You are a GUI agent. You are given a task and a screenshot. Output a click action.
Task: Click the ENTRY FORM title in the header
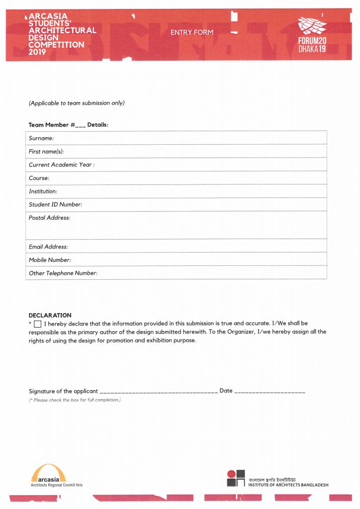pos(191,32)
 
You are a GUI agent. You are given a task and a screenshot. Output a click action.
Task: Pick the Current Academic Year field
pos(209,165)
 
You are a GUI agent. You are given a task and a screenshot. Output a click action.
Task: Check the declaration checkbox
pos(38,324)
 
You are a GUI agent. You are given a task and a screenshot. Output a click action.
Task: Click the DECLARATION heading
pos(50,315)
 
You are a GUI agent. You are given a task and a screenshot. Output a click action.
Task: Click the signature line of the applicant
pos(159,392)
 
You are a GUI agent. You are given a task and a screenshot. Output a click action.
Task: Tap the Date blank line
pos(269,392)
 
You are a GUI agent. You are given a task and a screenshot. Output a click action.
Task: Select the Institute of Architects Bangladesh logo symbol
pos(236,478)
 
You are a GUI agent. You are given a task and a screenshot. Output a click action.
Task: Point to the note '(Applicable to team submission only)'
pos(77,103)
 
